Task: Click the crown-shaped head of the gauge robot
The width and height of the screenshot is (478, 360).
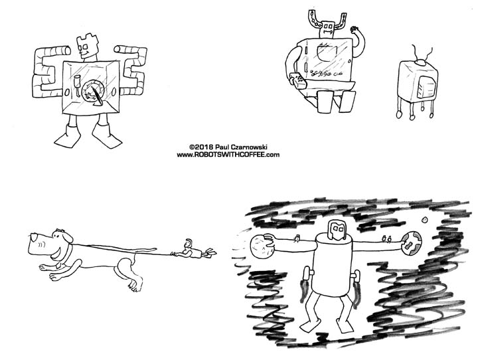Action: [86, 47]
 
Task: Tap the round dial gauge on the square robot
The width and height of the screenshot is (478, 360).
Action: [94, 92]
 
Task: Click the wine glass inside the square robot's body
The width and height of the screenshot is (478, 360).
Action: [76, 88]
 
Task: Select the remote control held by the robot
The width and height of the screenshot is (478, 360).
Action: [298, 82]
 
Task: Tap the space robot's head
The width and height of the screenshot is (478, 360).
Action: [337, 232]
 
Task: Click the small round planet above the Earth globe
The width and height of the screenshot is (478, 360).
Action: [424, 221]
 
